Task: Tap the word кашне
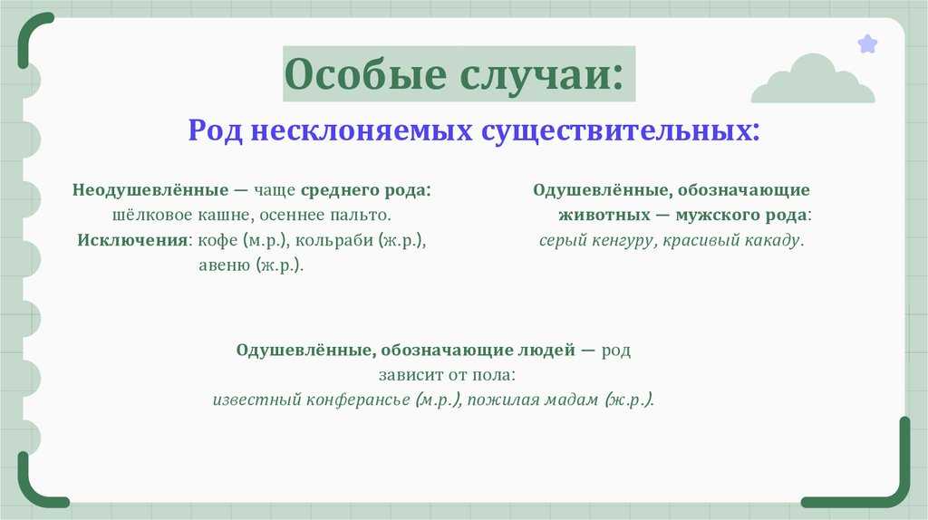[221, 217]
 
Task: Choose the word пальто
[366, 217]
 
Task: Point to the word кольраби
[326, 242]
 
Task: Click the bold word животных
[604, 216]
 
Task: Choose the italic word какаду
[770, 241]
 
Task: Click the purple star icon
[867, 43]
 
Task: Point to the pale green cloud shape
[812, 82]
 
